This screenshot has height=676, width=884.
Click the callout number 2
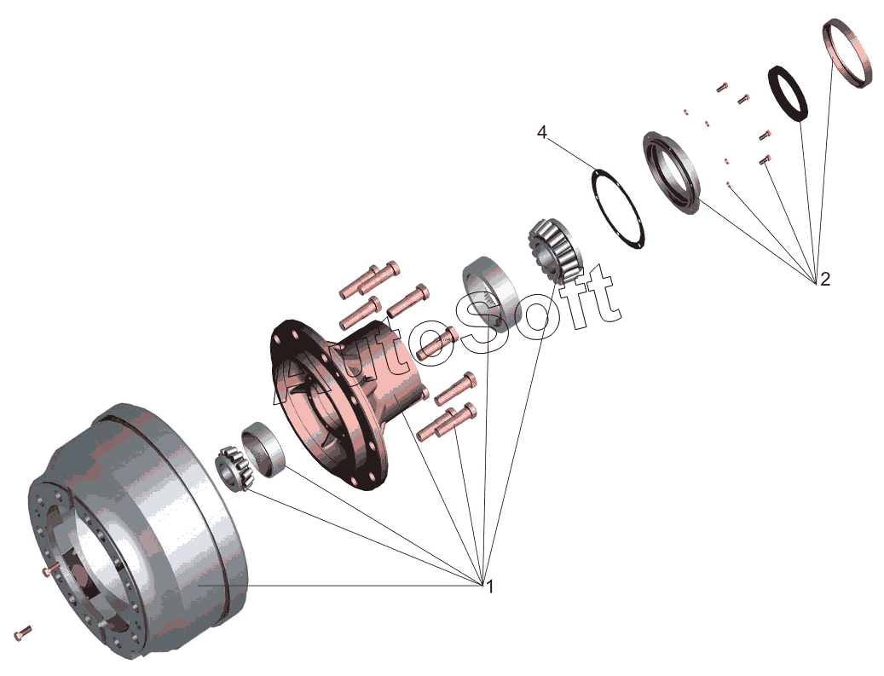(x=824, y=279)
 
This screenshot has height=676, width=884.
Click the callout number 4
(x=541, y=132)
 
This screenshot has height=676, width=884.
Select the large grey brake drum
(x=170, y=529)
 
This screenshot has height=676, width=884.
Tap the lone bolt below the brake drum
(x=23, y=633)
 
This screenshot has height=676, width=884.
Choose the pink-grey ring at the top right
(x=848, y=54)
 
